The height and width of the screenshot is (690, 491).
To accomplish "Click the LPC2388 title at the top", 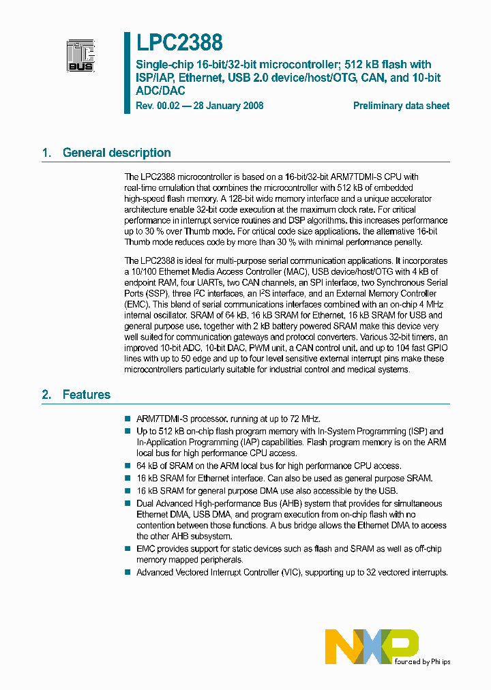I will point(179,43).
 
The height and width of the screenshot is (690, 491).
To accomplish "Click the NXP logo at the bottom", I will point(372,646).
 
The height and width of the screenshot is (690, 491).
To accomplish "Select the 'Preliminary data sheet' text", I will point(401,106).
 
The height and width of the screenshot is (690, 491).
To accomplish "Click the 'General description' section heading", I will point(117,153).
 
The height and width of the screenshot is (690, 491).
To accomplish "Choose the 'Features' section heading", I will point(87,394).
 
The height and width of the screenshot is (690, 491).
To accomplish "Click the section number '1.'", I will point(47,153).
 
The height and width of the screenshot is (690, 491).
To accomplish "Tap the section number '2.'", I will point(47,394).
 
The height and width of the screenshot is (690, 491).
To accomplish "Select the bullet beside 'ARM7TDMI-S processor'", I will point(127,419).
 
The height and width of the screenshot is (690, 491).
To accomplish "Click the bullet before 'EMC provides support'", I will point(127,548).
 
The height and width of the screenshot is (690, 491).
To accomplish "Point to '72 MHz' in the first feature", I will point(303,419).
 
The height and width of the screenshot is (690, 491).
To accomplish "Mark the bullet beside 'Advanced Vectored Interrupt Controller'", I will point(127,572).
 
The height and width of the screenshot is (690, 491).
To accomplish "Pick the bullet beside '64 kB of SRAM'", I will point(127,466).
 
